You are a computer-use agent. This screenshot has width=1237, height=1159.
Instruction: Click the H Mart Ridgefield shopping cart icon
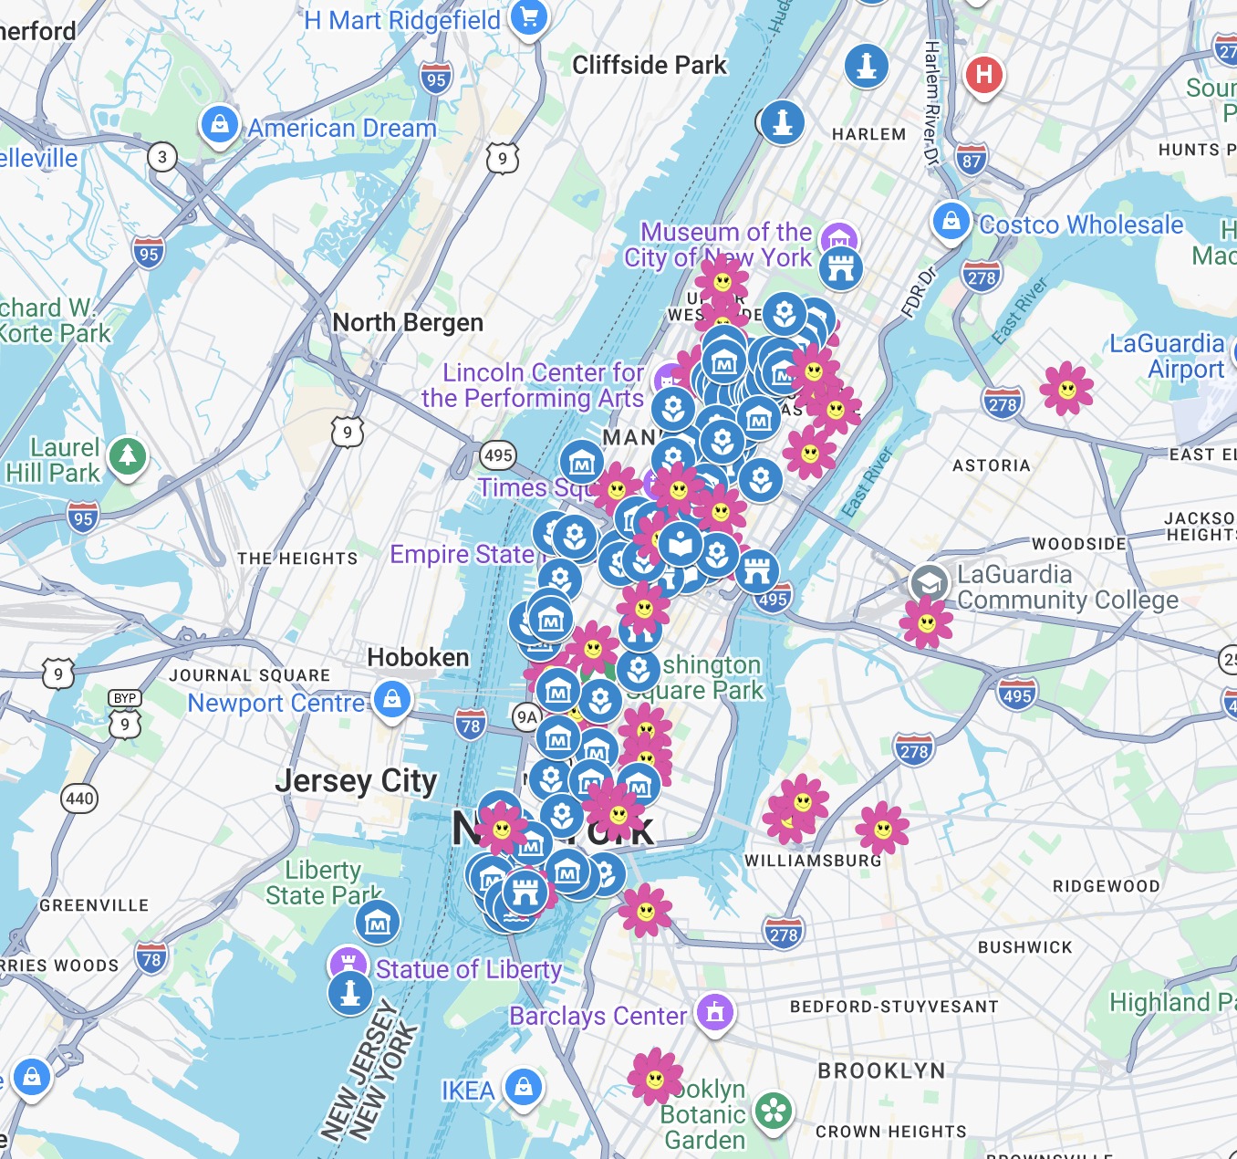(528, 17)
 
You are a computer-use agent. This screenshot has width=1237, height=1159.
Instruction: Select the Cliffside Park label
(649, 65)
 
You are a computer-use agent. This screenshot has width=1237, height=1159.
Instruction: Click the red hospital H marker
(983, 73)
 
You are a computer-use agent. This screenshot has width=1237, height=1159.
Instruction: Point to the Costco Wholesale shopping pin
(951, 221)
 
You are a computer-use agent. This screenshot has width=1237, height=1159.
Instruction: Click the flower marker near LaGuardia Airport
(1066, 390)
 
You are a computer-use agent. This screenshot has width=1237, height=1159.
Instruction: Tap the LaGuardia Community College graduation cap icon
(929, 581)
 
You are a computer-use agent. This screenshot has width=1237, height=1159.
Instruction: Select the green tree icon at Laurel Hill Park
(128, 454)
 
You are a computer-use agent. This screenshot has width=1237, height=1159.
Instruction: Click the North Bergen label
(408, 323)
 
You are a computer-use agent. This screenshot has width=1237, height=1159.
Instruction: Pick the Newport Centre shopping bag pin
(392, 700)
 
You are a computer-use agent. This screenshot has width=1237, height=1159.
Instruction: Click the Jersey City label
(356, 781)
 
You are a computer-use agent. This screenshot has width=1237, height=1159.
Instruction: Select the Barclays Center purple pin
(715, 1011)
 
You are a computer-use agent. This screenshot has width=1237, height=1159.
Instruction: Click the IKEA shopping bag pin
(524, 1087)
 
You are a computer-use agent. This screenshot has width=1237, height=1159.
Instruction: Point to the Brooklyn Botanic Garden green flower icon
(774, 1111)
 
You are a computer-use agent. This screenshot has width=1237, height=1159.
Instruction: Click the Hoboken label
(418, 657)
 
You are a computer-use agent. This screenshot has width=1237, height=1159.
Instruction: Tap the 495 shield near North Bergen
(498, 454)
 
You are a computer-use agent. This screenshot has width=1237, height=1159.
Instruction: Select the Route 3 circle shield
(162, 157)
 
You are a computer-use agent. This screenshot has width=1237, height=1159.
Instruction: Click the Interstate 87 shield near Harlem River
(972, 161)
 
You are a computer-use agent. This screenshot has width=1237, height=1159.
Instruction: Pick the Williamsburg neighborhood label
(813, 861)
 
